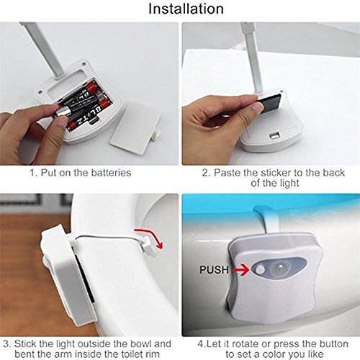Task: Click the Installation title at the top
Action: (186, 9)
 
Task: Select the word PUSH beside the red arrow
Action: (214, 270)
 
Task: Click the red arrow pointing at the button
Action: (240, 270)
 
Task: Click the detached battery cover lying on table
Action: (135, 128)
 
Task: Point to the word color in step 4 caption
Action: (274, 354)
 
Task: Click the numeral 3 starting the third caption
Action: (6, 344)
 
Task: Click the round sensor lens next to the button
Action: (279, 269)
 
